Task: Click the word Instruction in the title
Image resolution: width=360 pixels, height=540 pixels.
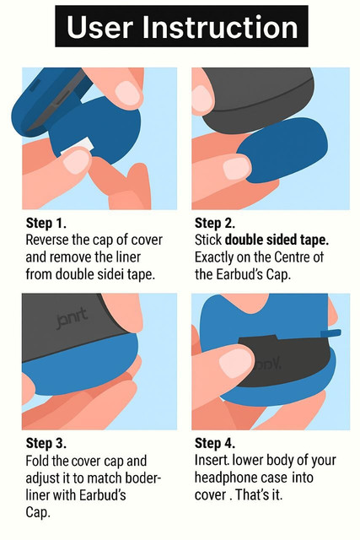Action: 220,28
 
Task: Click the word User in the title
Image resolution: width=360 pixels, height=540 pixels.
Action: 99,28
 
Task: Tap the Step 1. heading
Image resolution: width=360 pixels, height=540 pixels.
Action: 46,223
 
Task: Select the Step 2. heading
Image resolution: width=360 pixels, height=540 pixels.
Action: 215,223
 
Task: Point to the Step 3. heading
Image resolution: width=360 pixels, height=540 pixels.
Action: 46,443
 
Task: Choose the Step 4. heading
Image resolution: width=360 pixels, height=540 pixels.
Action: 215,443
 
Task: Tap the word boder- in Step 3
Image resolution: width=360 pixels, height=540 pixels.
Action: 143,478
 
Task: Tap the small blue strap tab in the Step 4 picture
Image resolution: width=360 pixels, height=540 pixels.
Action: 330,333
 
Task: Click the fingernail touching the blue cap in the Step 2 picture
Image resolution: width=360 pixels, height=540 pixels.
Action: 236,167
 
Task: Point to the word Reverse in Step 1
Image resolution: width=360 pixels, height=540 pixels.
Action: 47,240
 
